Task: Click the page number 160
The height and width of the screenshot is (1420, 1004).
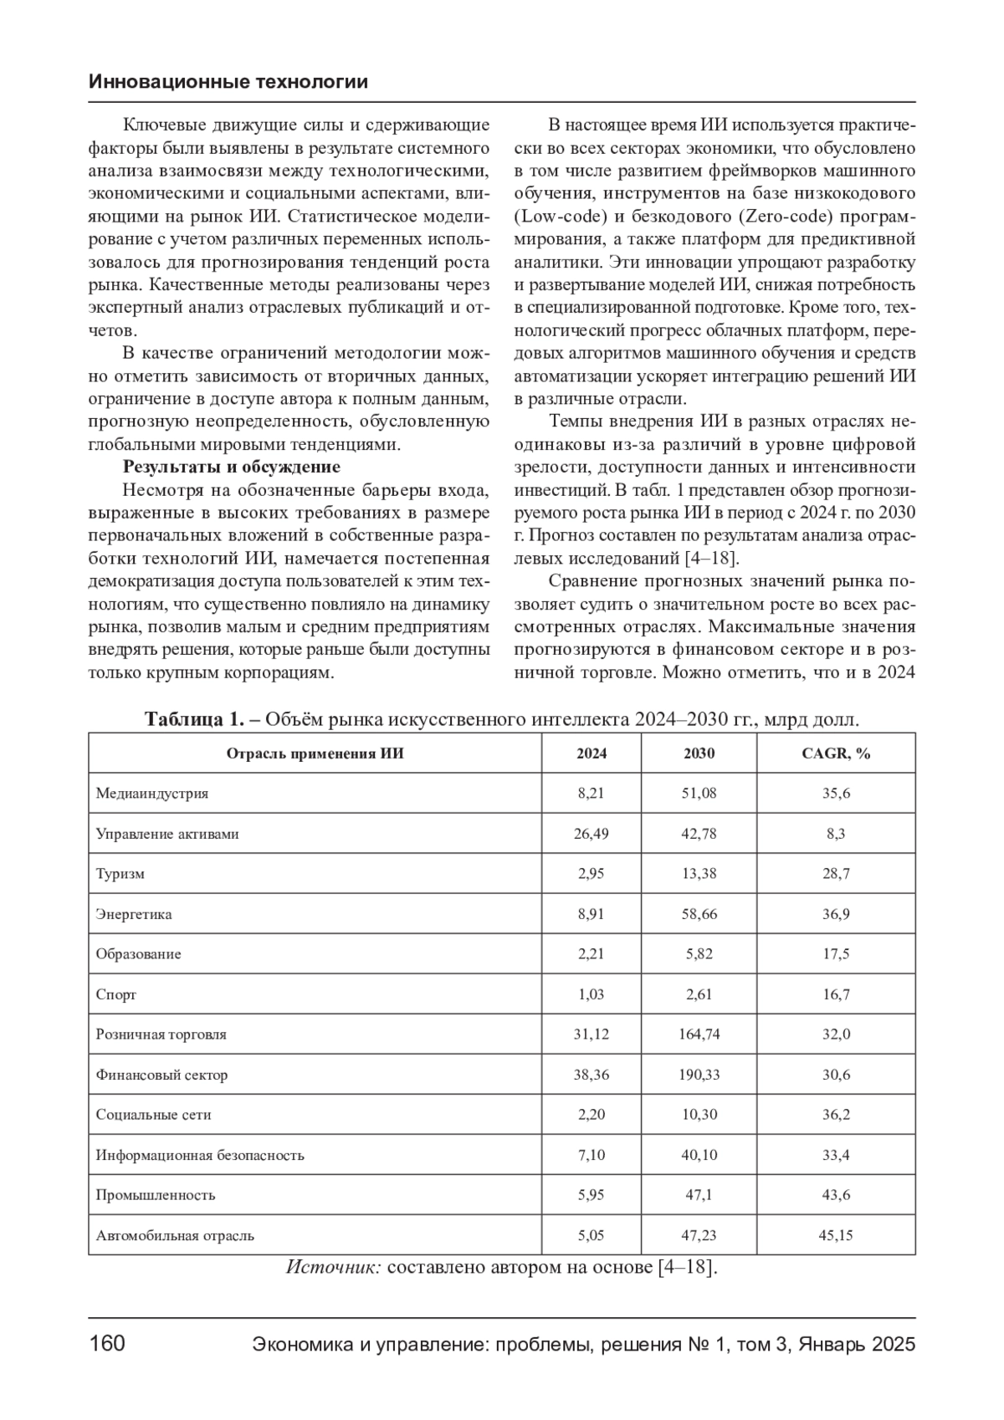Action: (107, 1344)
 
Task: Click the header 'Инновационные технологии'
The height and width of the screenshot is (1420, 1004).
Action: (228, 82)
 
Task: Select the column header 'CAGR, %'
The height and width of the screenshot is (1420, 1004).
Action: (836, 753)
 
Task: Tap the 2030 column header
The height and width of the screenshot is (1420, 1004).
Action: (699, 753)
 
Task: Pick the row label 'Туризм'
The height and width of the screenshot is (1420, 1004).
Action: (120, 874)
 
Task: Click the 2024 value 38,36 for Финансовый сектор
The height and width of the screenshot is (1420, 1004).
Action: (591, 1075)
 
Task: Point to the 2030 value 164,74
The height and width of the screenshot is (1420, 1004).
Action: (699, 1034)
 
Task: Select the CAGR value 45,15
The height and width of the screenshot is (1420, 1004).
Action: (836, 1235)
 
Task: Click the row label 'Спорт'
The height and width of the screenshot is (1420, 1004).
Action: (115, 994)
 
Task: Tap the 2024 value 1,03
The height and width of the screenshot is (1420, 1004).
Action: (591, 994)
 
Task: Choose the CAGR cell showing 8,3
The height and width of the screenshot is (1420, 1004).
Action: (836, 834)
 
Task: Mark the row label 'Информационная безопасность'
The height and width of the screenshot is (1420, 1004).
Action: (199, 1155)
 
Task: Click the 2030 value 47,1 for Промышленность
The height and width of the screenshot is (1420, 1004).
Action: (699, 1195)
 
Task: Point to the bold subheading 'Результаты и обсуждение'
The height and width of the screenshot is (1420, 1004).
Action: (231, 467)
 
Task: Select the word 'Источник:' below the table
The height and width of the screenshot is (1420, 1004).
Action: (334, 1267)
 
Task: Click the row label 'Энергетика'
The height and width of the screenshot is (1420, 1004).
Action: (134, 914)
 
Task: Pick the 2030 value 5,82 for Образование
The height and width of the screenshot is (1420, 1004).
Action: (699, 954)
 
